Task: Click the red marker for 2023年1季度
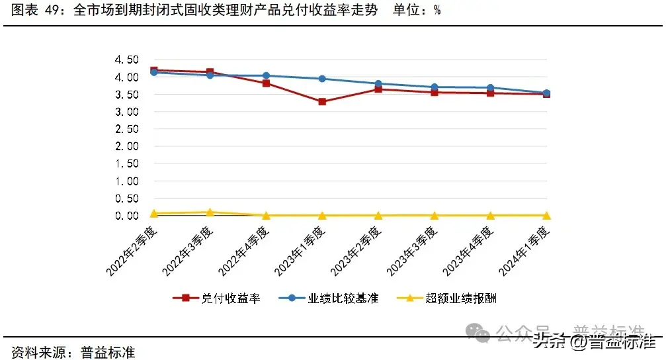click(x=322, y=102)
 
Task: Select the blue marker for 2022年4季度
click(x=266, y=75)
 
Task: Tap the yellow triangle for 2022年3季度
click(x=210, y=212)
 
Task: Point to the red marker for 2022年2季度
click(x=154, y=70)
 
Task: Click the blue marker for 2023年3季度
click(x=435, y=87)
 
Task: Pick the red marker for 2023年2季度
click(x=378, y=89)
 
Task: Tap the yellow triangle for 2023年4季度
click(x=491, y=215)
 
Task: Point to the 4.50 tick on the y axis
click(x=126, y=60)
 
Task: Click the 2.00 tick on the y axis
click(x=126, y=146)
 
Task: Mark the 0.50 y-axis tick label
click(x=126, y=199)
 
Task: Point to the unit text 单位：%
click(x=417, y=11)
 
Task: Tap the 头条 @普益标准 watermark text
click(x=595, y=341)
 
